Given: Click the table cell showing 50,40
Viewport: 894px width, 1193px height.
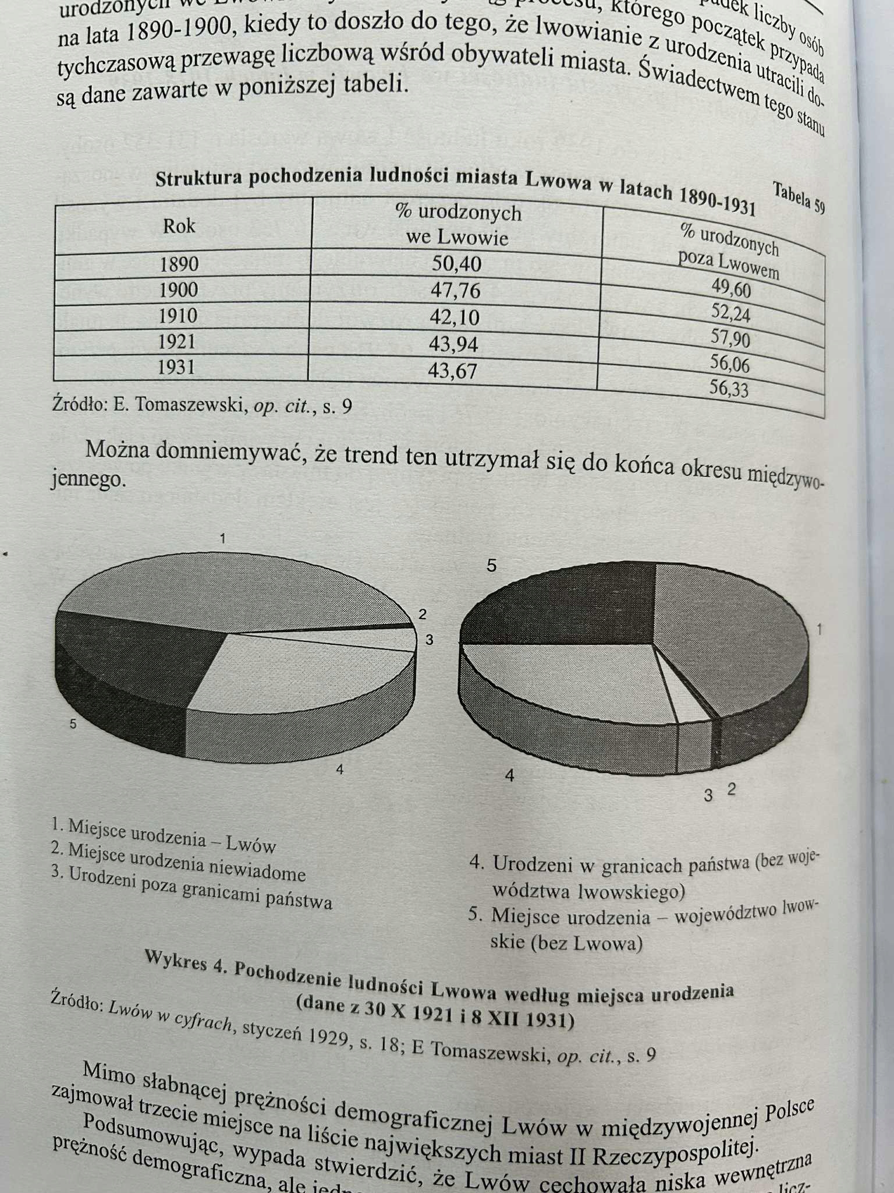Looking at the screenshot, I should (456, 264).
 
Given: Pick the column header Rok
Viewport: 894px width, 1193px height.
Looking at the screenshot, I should (179, 226).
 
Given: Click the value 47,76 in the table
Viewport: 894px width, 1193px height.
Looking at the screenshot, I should (456, 290).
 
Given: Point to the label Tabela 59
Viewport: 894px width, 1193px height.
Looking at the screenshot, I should (798, 197).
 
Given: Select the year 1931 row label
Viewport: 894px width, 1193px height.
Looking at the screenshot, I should (176, 368).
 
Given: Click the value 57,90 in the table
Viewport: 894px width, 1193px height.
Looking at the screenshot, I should (730, 338).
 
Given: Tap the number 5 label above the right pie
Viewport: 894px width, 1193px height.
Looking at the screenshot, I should (492, 565).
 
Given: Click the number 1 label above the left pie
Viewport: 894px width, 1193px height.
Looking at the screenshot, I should (222, 538).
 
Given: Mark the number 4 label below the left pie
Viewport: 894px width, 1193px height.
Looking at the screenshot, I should (339, 770).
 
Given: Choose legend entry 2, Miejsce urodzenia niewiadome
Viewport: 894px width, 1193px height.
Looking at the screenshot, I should (178, 862).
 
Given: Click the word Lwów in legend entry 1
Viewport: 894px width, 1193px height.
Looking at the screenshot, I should (251, 844).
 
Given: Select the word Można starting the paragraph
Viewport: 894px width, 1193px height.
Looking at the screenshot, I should (119, 450).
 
